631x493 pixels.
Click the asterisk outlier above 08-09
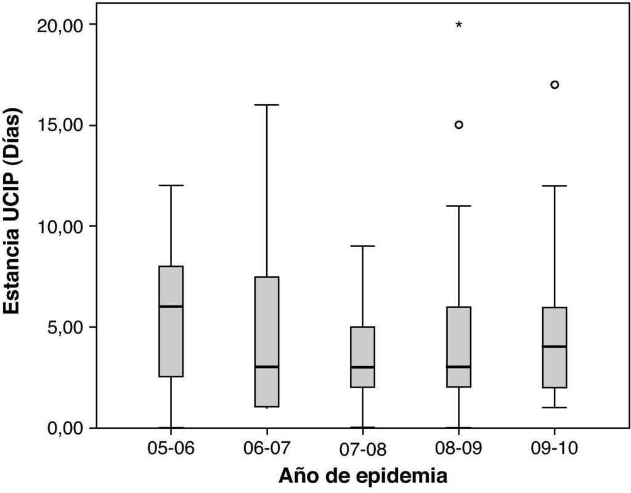coord(458,25)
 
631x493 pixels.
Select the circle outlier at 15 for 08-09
coord(458,124)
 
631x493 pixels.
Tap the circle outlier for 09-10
coord(555,84)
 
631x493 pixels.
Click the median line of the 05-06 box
coord(171,306)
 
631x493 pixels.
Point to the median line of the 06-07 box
coord(267,367)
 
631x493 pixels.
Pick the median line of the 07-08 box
coord(362,367)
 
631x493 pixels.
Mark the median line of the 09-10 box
coord(555,346)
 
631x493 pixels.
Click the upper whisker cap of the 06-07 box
coord(267,105)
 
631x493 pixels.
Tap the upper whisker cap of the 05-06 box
coord(171,185)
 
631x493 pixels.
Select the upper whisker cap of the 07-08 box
coord(362,246)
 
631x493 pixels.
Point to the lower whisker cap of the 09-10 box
coord(555,407)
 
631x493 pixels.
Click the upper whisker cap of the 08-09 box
coord(458,206)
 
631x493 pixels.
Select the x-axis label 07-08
coord(364,449)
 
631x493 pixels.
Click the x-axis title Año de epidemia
coord(362,476)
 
